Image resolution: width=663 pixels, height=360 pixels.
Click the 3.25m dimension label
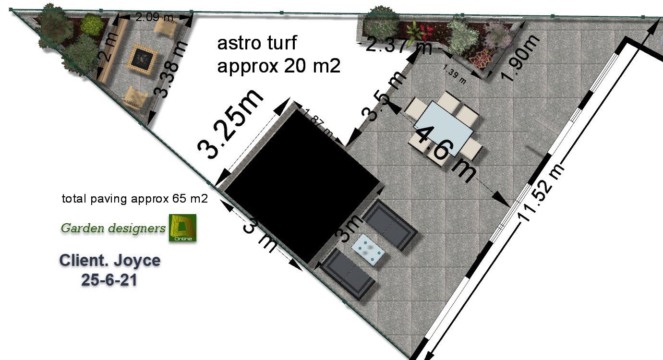tap(230, 124)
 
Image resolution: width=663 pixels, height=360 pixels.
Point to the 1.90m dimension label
tap(520, 58)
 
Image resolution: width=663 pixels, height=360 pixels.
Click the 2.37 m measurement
tap(398, 47)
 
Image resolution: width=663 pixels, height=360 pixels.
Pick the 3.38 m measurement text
tap(171, 70)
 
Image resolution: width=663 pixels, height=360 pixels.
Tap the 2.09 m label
tap(154, 17)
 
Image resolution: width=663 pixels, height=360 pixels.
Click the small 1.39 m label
tap(455, 74)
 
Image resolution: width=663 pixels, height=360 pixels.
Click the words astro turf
tap(257, 43)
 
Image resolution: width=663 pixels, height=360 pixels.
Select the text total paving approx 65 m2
tap(135, 199)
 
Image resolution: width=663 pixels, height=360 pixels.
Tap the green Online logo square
tap(182, 228)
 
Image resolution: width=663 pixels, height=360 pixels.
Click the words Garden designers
tap(113, 228)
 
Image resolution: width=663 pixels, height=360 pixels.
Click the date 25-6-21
tap(109, 280)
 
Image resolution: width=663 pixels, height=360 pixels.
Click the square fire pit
tap(142, 60)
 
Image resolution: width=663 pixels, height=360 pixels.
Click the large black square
tap(301, 185)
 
